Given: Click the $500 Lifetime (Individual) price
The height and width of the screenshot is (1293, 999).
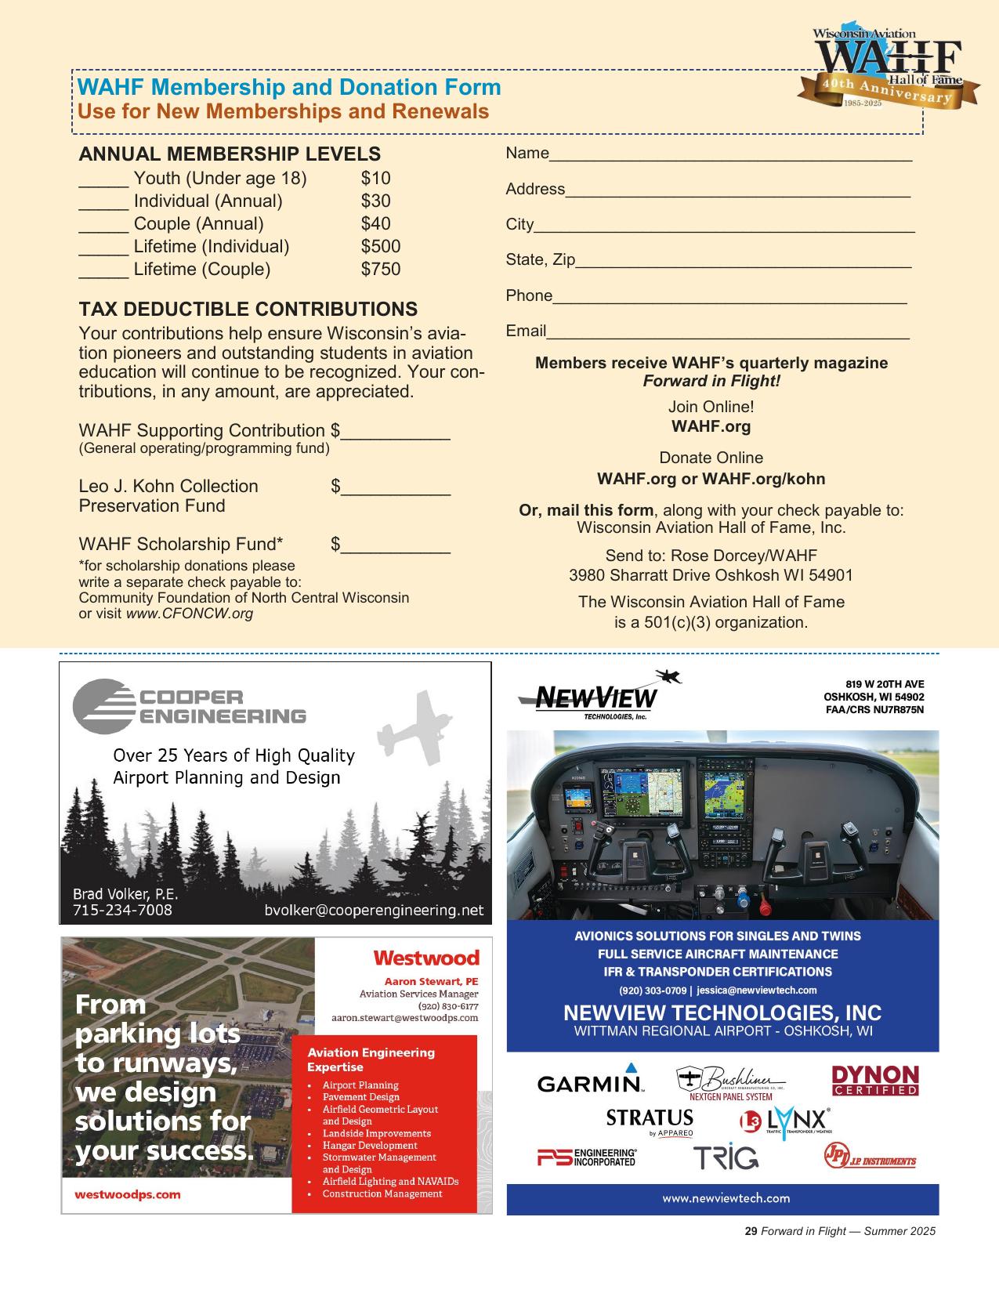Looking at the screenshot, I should pos(380,247).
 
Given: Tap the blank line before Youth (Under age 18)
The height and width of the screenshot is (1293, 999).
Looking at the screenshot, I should pos(103,179).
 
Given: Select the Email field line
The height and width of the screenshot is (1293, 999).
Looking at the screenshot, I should pos(727,332).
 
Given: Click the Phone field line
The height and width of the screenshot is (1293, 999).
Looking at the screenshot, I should pos(729,297).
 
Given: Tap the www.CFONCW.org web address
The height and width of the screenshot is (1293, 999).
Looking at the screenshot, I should pos(190,614).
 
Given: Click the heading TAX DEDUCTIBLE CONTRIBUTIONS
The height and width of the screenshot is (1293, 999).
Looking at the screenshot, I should pos(248,309).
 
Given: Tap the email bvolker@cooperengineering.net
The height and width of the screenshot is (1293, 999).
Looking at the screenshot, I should pos(374,911).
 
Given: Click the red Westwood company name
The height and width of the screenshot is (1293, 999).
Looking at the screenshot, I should pos(425,958).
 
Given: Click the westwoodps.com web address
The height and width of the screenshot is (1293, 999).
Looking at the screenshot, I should pos(128,1195).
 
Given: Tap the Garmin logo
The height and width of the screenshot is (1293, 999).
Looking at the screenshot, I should pos(590,1082).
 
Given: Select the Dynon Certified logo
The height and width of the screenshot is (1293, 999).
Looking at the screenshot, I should pos(874,1081).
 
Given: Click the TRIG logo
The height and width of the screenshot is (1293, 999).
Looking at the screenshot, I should pos(726,1157).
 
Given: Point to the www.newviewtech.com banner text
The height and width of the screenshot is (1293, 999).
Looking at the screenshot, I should pos(726,1198).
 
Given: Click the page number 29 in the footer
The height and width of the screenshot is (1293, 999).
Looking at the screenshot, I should pos(750,1231).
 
